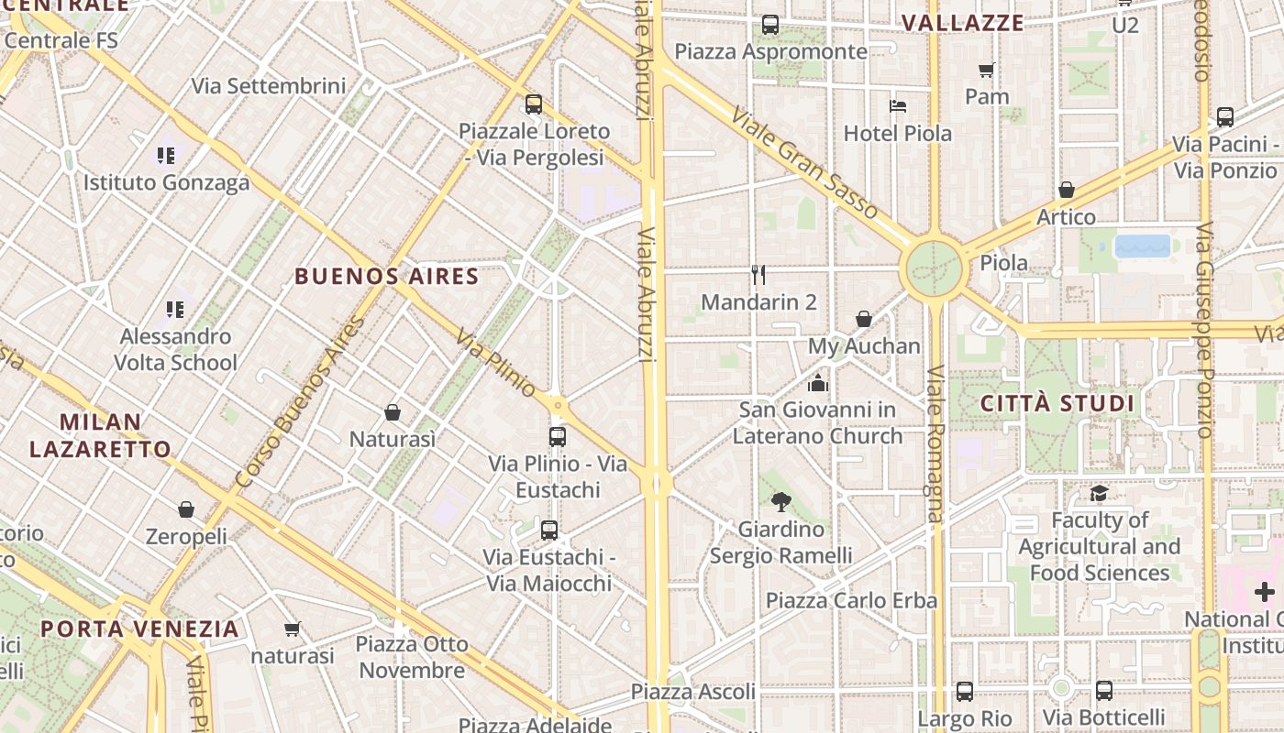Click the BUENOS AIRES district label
click(386, 276)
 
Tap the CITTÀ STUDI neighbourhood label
click(1057, 404)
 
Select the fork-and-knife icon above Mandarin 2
click(758, 275)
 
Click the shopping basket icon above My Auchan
click(863, 319)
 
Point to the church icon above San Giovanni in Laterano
click(818, 382)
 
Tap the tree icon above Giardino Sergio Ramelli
click(781, 501)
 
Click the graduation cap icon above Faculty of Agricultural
click(1099, 494)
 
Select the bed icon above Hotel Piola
click(898, 106)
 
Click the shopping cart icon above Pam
click(987, 70)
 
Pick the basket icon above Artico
click(1066, 190)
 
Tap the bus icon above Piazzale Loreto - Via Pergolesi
click(534, 104)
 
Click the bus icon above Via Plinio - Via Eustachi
click(558, 436)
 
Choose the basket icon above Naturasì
click(393, 412)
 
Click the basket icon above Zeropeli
click(186, 509)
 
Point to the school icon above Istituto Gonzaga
click(166, 156)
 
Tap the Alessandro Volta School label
click(175, 349)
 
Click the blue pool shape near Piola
click(1143, 246)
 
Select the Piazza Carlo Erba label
click(851, 600)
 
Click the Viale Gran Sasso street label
click(805, 162)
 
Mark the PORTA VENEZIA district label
click(139, 629)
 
